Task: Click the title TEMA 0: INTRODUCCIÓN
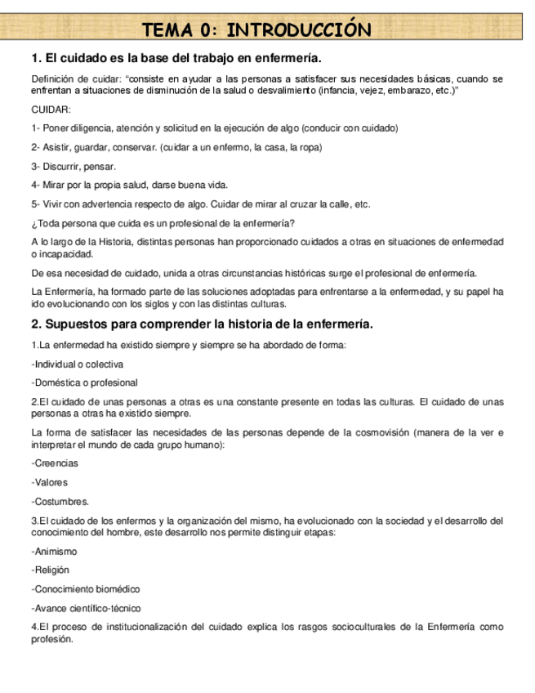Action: pyautogui.click(x=256, y=30)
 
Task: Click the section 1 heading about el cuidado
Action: pyautogui.click(x=176, y=58)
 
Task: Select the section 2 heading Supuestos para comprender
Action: pyautogui.click(x=202, y=324)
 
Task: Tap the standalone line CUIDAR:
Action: pyautogui.click(x=51, y=110)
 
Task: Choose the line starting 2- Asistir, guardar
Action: pyautogui.click(x=176, y=147)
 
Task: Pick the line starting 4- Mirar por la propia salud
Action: pyautogui.click(x=129, y=185)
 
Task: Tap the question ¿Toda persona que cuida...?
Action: pyautogui.click(x=163, y=222)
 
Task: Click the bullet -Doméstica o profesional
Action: pyautogui.click(x=84, y=382)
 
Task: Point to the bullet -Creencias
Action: pyautogui.click(x=55, y=463)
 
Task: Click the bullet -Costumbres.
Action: pyautogui.click(x=60, y=501)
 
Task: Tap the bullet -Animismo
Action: pyautogui.click(x=54, y=552)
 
